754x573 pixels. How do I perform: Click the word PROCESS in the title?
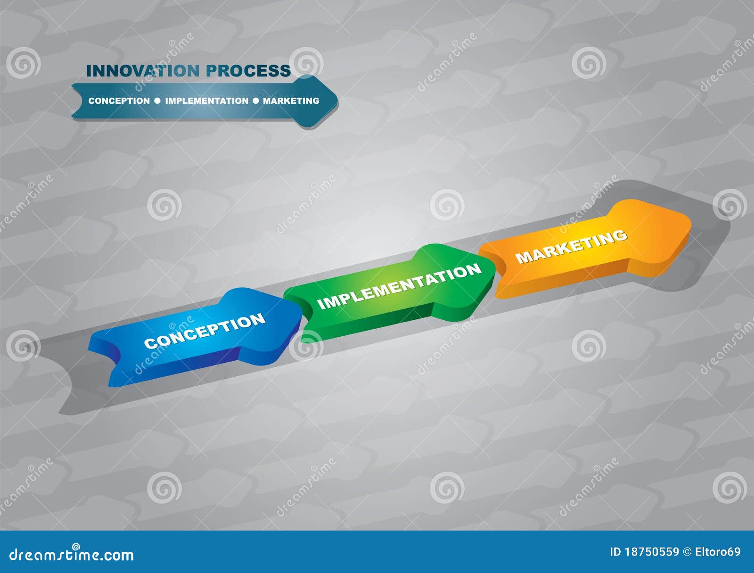(x=249, y=71)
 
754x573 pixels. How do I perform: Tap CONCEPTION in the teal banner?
(x=119, y=101)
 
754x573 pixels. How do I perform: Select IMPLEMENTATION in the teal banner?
(x=206, y=101)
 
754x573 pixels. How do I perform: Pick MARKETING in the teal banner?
(x=291, y=101)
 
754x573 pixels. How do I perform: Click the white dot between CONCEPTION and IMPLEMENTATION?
(x=157, y=101)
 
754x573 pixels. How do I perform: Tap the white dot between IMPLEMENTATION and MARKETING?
(x=256, y=101)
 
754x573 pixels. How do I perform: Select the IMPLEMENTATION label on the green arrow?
(x=400, y=286)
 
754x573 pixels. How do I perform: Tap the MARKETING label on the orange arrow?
(x=571, y=245)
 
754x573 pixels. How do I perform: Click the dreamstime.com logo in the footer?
(x=72, y=554)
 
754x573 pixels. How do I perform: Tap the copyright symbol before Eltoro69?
(x=687, y=552)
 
